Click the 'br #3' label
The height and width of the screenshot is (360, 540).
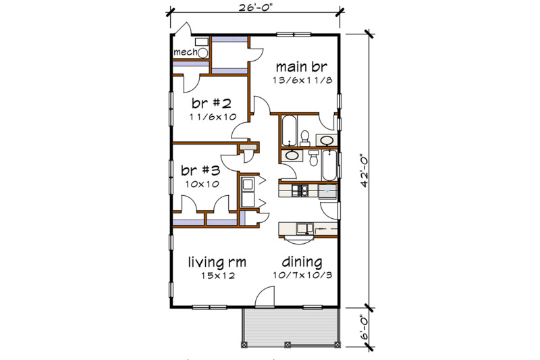tap(201, 170)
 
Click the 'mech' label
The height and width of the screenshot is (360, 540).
tap(184, 52)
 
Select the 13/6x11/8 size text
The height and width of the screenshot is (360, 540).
tap(296, 80)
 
